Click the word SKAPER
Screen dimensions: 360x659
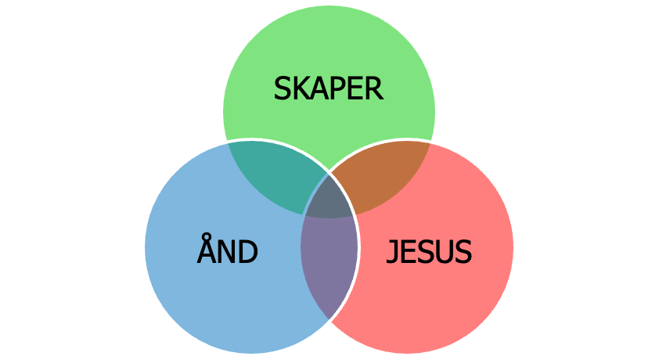click(x=329, y=88)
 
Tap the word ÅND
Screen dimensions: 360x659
click(x=227, y=252)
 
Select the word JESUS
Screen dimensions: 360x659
click(x=430, y=252)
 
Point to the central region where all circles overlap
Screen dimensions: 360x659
click(x=329, y=202)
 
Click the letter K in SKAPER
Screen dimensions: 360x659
click(x=301, y=88)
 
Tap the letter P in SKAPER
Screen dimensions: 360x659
click(x=338, y=88)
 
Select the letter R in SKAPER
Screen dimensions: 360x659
click(x=374, y=88)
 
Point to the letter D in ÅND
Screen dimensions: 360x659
click(x=248, y=252)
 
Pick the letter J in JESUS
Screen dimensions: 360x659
click(x=394, y=252)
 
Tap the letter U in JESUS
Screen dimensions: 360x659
click(x=445, y=252)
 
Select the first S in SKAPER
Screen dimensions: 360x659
click(x=283, y=88)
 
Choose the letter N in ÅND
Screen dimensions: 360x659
click(x=227, y=252)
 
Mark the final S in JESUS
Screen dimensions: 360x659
click(x=463, y=252)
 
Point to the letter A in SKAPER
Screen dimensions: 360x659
click(x=320, y=88)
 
